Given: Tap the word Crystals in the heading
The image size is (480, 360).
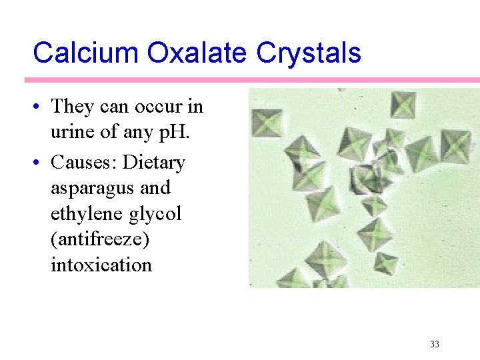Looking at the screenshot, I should tap(313, 53).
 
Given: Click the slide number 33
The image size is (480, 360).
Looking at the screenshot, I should tap(435, 344).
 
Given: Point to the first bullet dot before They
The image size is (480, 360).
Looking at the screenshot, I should tap(39, 107).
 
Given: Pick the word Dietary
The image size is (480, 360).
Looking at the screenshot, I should tap(155, 162).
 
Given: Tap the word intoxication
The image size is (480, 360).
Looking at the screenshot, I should tap(101, 265).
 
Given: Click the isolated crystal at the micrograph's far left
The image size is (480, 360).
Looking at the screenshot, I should tap(267, 123).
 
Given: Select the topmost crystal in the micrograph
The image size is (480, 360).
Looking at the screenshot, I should tap(403, 105).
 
